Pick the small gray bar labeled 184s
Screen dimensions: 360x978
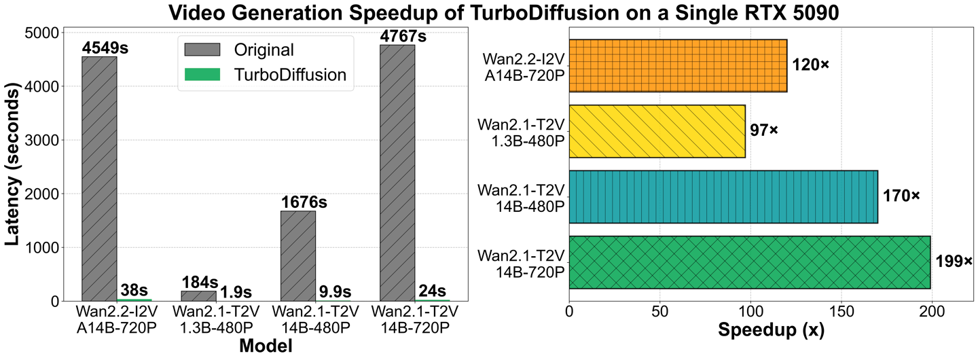point(198,296)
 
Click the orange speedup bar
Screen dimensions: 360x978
point(678,65)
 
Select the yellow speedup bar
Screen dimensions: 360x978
point(657,131)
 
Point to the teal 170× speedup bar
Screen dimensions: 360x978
point(723,196)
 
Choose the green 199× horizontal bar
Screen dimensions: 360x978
point(749,262)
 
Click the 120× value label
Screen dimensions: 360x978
point(811,65)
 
